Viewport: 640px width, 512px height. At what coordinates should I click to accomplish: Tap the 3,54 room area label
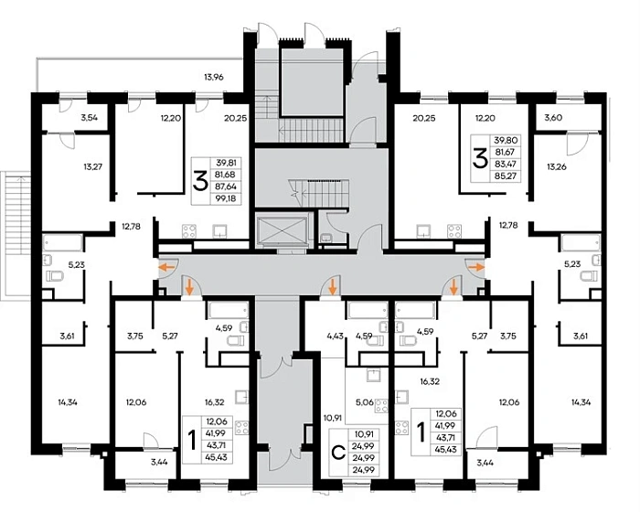coord(90,118)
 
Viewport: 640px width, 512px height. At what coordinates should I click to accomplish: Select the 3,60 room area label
coord(554,118)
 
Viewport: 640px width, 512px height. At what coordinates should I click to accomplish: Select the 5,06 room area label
coord(363,400)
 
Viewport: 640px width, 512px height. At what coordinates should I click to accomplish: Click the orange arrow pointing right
coord(474,267)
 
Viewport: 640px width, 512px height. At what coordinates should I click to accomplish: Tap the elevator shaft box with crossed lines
coord(281,231)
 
